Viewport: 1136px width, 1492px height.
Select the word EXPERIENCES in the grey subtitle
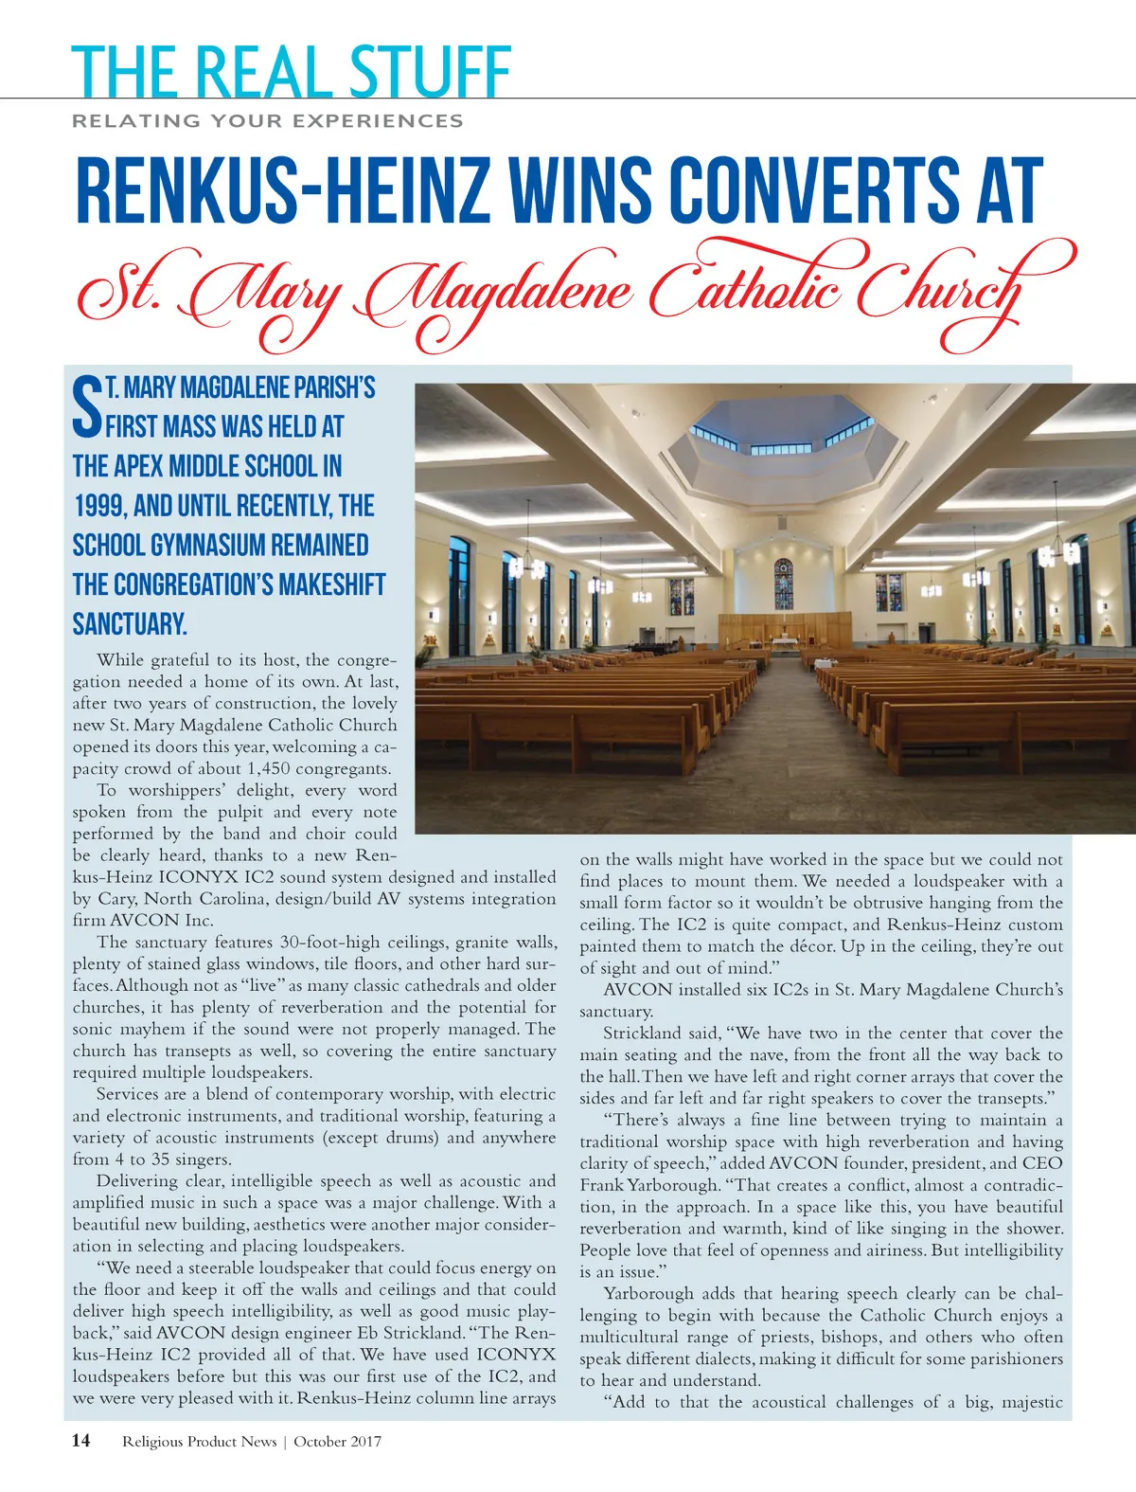[x=378, y=121]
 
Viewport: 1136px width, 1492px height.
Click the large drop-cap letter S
[x=87, y=407]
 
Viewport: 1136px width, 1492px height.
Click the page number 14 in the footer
[x=81, y=1441]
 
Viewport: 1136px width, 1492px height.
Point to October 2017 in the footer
[x=337, y=1442]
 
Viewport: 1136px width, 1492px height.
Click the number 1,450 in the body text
[x=287, y=768]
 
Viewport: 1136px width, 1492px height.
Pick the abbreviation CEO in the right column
[x=1042, y=1163]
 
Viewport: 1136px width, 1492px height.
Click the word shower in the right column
[x=1033, y=1229]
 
